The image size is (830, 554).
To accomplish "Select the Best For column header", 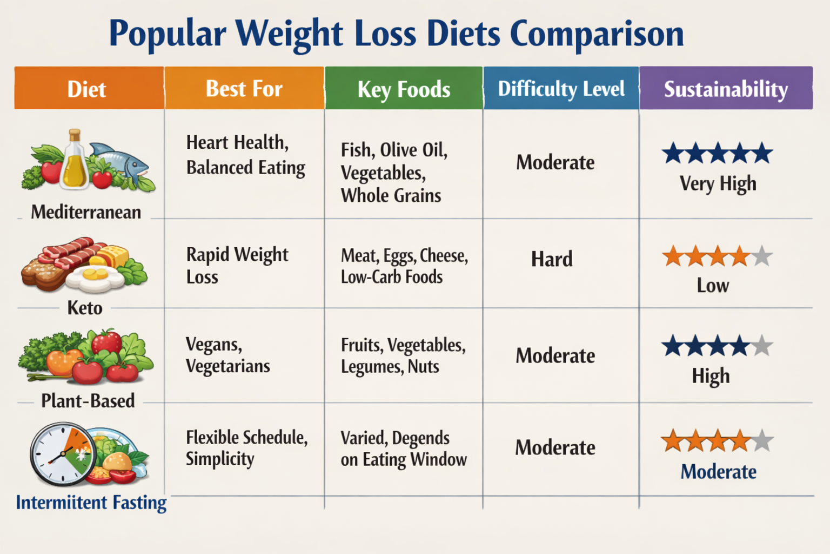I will pyautogui.click(x=244, y=89).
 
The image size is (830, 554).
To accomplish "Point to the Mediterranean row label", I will pyautogui.click(x=86, y=212).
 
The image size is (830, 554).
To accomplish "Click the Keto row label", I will pyautogui.click(x=85, y=308).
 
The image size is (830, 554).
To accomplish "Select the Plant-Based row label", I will pyautogui.click(x=88, y=401).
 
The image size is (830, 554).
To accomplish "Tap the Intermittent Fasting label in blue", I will pyautogui.click(x=91, y=503).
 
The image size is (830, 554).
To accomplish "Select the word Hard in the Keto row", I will pyautogui.click(x=552, y=259).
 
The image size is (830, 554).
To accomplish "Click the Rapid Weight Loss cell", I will pyautogui.click(x=237, y=265).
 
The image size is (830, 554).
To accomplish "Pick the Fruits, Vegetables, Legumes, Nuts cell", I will pyautogui.click(x=403, y=355).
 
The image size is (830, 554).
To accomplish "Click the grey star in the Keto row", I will pyautogui.click(x=762, y=256).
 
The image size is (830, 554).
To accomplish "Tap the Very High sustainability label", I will pyautogui.click(x=718, y=184).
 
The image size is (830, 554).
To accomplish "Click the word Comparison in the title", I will pyautogui.click(x=597, y=34).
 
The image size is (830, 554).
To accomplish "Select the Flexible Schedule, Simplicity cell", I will pyautogui.click(x=246, y=447).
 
